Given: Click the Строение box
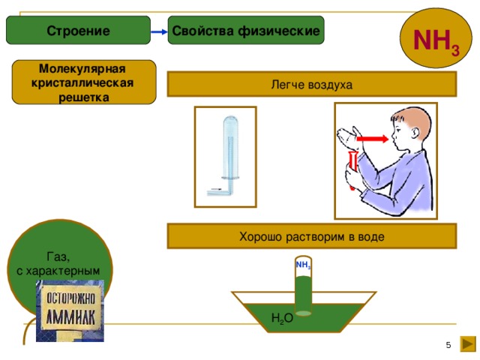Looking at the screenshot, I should click(78, 31).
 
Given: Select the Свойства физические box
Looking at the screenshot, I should click(246, 31).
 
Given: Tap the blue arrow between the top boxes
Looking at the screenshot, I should click(158, 31).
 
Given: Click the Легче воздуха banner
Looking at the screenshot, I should click(311, 85).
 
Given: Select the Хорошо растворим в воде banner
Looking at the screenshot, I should click(311, 237).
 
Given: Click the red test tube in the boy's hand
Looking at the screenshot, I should click(352, 169).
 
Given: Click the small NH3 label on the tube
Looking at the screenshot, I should click(303, 265).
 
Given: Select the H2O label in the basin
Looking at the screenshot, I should click(282, 319).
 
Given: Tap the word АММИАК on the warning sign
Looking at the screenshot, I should click(70, 316).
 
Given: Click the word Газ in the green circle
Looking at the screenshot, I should click(58, 255).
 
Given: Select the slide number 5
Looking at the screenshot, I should click(448, 344).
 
